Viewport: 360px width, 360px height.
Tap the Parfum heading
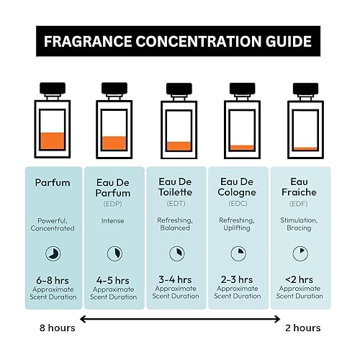(x=53, y=183)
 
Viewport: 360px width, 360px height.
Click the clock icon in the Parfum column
(x=53, y=253)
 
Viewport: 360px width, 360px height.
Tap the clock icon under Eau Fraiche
(x=300, y=253)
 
